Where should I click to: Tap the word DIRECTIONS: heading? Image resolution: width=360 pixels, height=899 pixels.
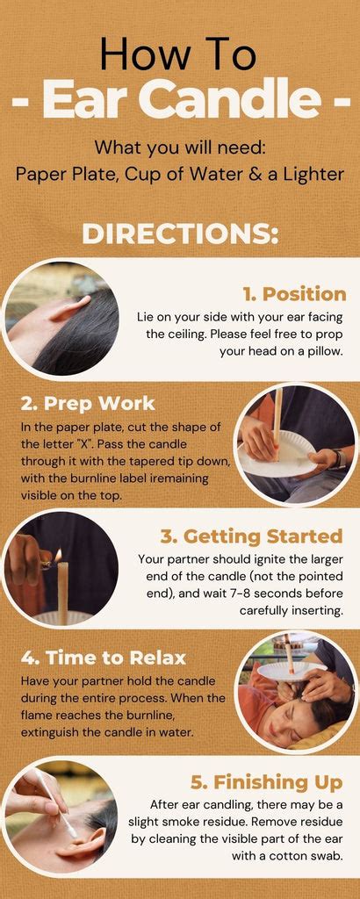click(180, 234)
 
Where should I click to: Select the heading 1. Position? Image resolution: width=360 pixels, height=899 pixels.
click(294, 294)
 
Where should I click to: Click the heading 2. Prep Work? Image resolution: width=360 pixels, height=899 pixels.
click(88, 403)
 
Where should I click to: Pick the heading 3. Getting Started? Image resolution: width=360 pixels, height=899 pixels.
click(251, 536)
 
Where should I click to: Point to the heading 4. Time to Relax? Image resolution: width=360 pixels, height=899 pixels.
click(104, 657)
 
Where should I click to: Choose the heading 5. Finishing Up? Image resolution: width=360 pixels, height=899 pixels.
click(267, 782)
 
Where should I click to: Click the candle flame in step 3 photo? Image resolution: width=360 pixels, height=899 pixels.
click(58, 556)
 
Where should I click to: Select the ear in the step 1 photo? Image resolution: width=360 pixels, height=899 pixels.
click(68, 310)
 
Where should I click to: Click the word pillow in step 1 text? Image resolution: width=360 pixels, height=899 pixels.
click(327, 352)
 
